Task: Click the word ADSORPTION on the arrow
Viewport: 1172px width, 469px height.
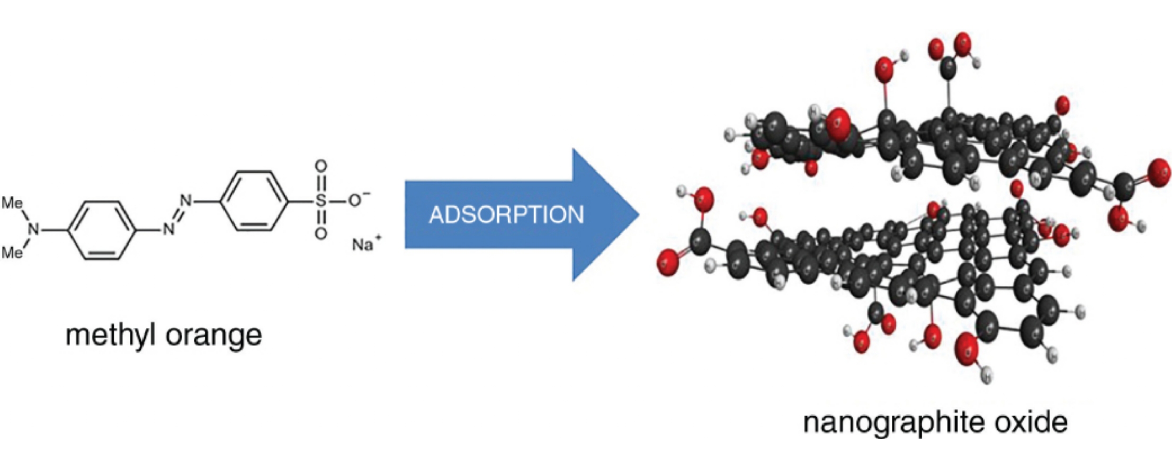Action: (506, 215)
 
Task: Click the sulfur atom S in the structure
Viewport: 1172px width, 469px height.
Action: (320, 201)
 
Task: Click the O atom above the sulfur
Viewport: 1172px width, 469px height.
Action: (320, 166)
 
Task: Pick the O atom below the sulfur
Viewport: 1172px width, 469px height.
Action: (320, 234)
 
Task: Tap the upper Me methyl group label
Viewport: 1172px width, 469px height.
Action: (12, 203)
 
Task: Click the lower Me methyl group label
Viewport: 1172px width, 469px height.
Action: (12, 253)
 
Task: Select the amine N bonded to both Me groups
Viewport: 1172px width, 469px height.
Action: (34, 229)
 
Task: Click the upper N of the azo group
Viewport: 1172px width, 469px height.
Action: (185, 201)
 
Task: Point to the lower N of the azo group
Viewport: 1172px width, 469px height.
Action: (168, 229)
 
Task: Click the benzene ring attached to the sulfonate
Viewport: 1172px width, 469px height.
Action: (254, 201)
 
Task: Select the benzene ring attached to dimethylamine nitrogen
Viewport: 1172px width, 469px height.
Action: (102, 230)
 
